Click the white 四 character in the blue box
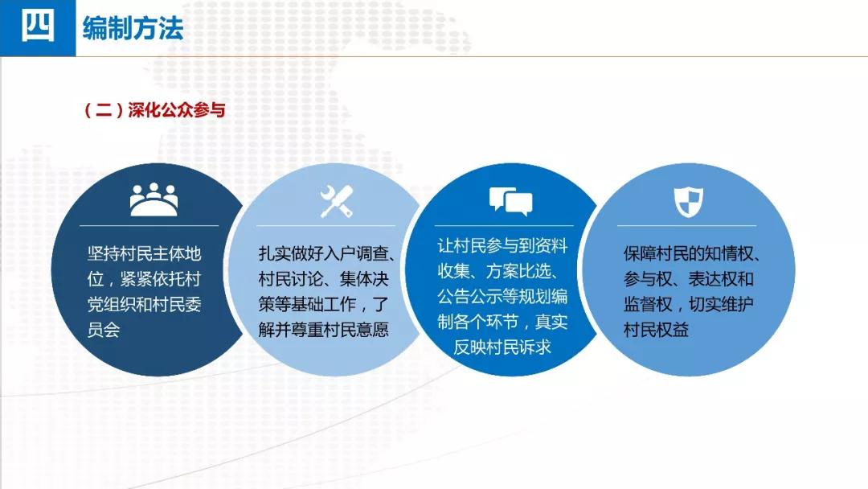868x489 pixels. [38, 26]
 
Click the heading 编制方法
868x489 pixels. [133, 27]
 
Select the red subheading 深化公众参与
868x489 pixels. [177, 109]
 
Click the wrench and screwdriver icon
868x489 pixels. [337, 201]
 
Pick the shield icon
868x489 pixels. [688, 201]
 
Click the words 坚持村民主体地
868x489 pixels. [144, 253]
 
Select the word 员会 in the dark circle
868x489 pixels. [104, 330]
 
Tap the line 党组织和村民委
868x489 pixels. [144, 304]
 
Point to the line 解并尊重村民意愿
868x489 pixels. [323, 330]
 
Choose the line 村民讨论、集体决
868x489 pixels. [323, 279]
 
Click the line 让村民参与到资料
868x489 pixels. [502, 245]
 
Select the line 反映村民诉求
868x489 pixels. [502, 347]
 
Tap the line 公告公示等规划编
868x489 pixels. [502, 296]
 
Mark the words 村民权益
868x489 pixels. [656, 330]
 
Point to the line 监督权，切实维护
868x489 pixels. [688, 304]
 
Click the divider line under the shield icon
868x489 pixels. [686, 225]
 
